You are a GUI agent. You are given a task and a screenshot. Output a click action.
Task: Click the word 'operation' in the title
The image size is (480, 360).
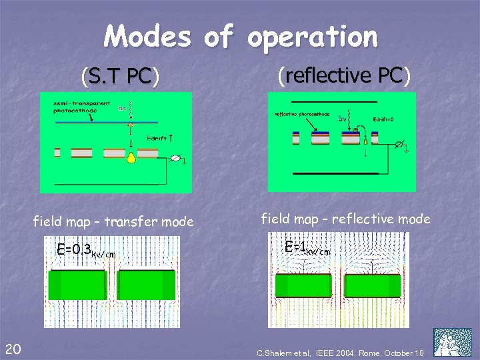312,37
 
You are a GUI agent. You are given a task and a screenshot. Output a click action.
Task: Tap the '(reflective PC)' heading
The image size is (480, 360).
343,75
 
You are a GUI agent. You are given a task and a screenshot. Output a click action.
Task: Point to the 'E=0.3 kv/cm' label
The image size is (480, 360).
86,251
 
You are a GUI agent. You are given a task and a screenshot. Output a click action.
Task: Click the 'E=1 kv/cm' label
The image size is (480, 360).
307,247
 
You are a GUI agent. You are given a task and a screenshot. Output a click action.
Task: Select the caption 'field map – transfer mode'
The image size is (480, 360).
114,221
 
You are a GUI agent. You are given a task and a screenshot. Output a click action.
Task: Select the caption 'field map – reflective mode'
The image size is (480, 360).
345,218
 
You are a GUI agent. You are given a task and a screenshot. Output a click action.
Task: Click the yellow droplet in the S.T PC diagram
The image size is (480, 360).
132,159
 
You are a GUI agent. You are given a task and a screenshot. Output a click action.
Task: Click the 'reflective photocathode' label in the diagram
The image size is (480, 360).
302,114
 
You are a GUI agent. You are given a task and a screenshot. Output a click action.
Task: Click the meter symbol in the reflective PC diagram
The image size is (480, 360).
399,143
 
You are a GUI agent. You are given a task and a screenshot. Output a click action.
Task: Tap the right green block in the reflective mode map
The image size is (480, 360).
373,285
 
